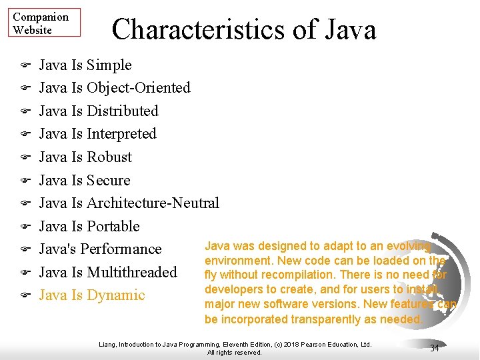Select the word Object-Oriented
coord(139,88)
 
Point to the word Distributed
coord(123,111)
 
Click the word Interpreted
coord(121,134)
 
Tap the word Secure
coord(109,181)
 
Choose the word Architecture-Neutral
coord(153,203)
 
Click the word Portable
coord(113,227)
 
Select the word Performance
coord(123,249)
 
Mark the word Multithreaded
coord(132,273)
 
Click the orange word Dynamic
coord(116,295)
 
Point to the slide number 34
coord(435,348)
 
